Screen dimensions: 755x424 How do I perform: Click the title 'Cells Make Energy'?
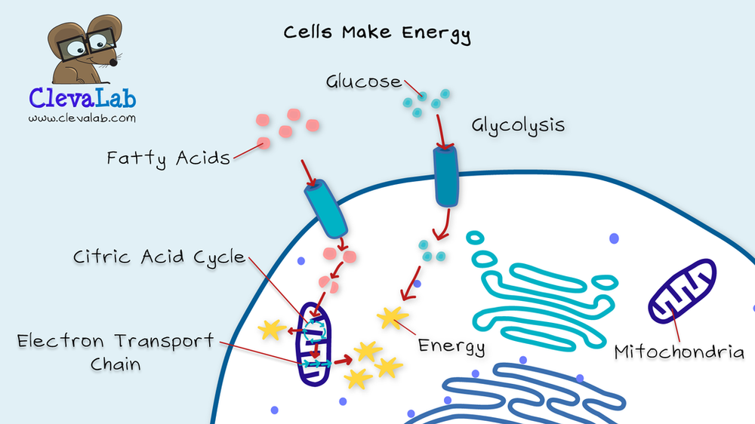(377, 33)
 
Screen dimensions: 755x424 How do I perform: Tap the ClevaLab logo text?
(82, 97)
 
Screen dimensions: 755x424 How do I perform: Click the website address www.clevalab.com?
(82, 118)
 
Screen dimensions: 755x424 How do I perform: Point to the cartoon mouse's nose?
(114, 62)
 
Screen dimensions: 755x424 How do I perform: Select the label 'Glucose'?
(364, 81)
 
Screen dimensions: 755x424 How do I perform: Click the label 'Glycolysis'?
(518, 125)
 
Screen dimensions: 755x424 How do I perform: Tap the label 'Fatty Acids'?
(168, 158)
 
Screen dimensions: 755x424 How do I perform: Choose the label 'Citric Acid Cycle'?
(159, 257)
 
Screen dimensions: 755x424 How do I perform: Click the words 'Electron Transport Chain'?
(116, 352)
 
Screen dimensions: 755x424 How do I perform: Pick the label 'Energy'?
(451, 346)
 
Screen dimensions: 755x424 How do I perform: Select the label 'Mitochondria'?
(679, 352)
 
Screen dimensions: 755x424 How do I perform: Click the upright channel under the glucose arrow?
(446, 176)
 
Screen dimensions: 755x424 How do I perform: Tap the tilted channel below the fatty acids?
(326, 209)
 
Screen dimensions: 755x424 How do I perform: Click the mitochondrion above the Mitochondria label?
(683, 290)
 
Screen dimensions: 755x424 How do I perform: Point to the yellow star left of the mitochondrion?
(272, 330)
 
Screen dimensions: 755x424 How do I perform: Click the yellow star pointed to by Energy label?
(393, 318)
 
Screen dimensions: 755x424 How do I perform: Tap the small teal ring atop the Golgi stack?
(475, 237)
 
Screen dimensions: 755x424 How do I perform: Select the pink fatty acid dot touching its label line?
(263, 143)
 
